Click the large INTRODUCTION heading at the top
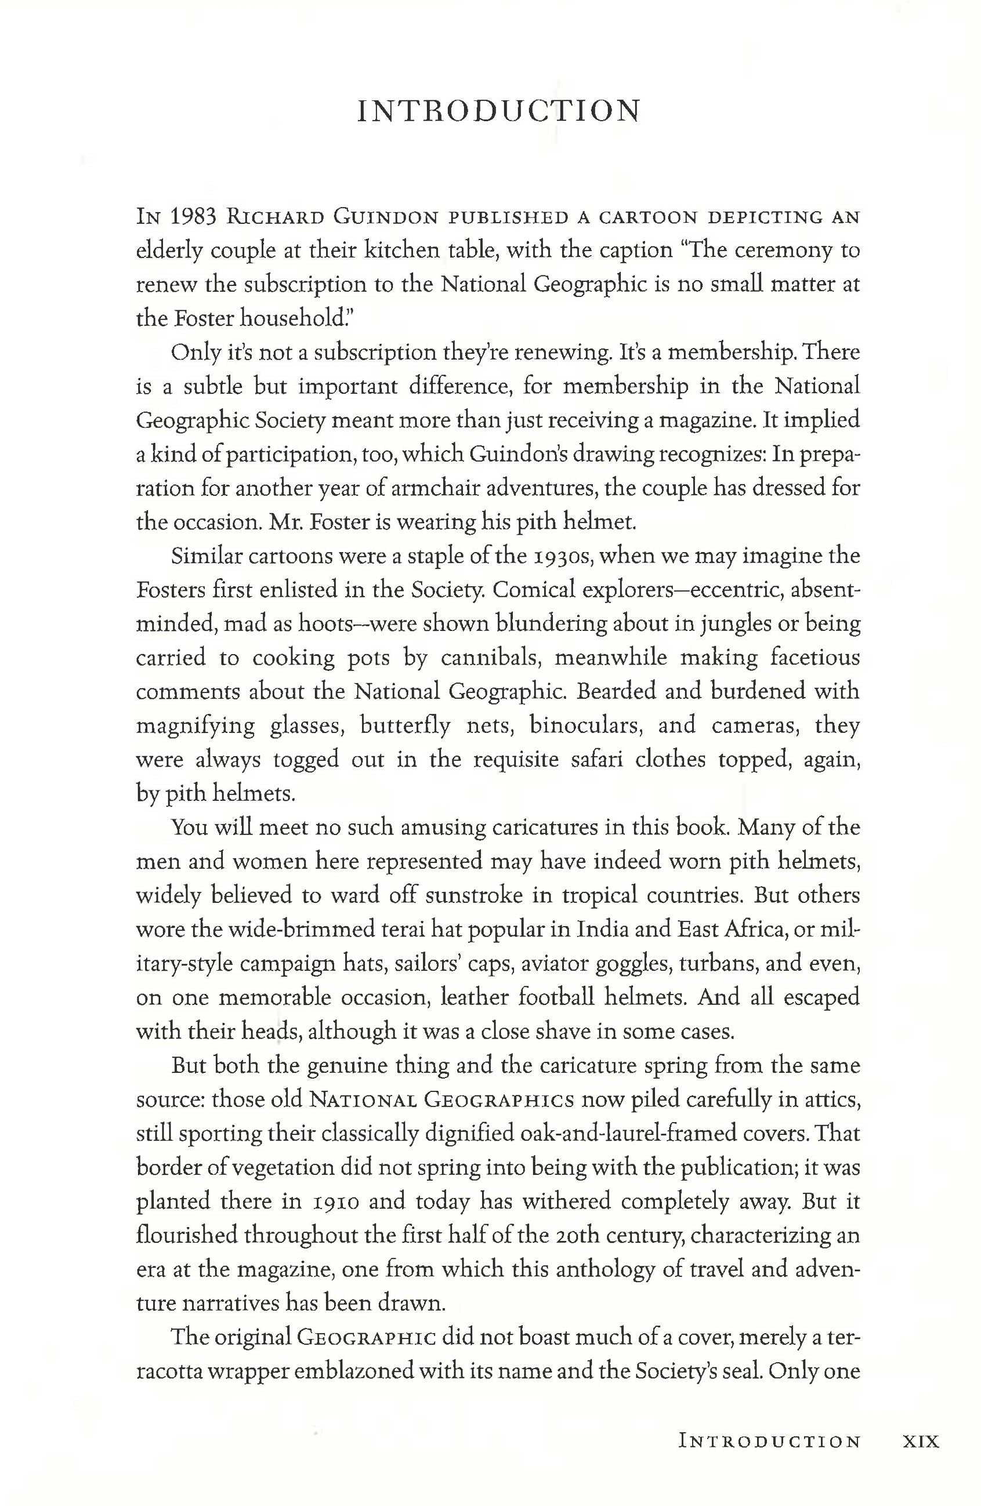click(x=499, y=111)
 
